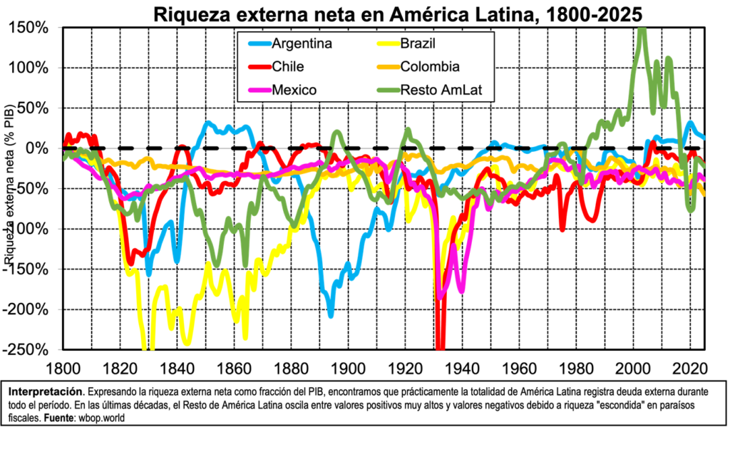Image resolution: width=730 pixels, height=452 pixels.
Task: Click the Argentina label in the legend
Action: tap(302, 44)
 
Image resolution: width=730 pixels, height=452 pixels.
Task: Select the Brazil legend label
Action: tap(417, 44)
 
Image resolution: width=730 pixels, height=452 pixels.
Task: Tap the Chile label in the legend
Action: tap(287, 67)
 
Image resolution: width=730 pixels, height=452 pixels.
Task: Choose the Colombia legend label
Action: tap(429, 67)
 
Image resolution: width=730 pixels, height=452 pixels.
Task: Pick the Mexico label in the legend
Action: tap(294, 90)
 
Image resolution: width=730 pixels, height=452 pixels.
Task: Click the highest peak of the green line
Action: tap(642, 31)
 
